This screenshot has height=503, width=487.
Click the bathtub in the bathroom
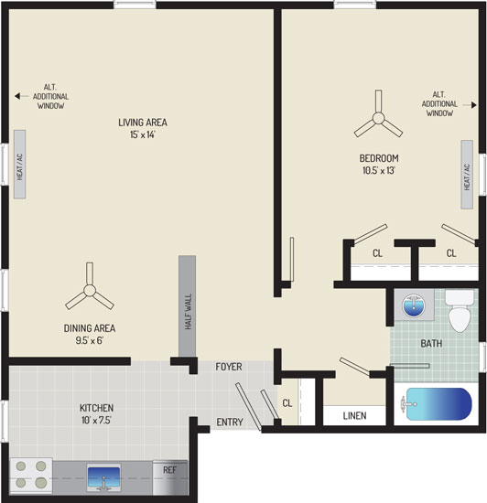click(x=438, y=404)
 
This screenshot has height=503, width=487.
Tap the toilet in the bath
click(x=460, y=311)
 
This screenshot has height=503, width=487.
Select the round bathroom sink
click(x=414, y=305)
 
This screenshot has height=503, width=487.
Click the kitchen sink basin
click(x=103, y=477)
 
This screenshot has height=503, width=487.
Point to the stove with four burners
click(x=31, y=476)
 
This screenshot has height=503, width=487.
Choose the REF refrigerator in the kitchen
click(x=170, y=478)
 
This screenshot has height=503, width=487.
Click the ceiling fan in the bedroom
click(x=378, y=117)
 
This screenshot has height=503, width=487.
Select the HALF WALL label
click(x=189, y=312)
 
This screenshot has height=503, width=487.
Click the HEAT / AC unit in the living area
click(x=19, y=165)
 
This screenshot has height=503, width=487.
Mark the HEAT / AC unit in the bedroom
click(x=467, y=175)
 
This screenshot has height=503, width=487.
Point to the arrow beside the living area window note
click(x=21, y=96)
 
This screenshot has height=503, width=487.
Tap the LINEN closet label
click(x=355, y=416)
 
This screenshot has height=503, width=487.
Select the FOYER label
click(x=229, y=367)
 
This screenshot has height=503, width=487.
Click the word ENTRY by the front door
click(x=230, y=423)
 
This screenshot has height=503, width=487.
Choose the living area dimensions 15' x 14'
click(x=143, y=134)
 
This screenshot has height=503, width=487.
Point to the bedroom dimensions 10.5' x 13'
click(x=379, y=170)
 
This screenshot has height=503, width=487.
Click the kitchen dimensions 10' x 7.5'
click(x=96, y=420)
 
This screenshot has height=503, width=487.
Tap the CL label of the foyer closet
click(x=287, y=403)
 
